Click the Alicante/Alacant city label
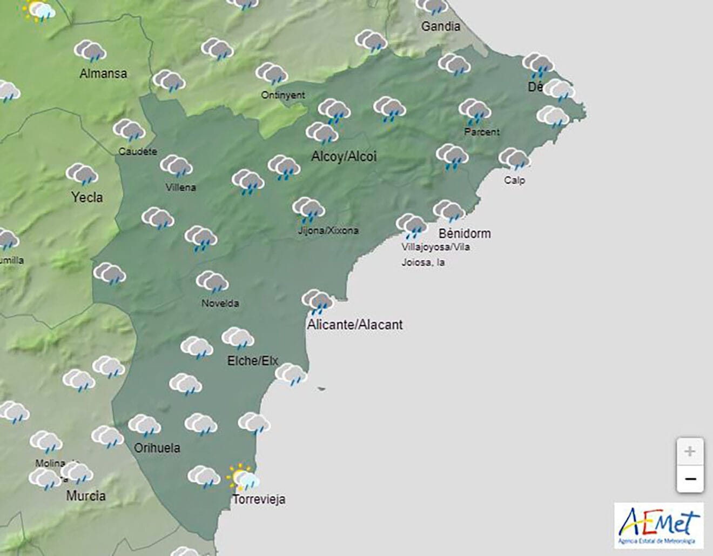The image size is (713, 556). [355, 325]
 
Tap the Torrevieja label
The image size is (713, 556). [259, 499]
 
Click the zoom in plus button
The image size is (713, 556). [690, 452]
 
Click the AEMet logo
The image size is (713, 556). [659, 526]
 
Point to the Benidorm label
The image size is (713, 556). [465, 234]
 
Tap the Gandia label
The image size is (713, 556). [441, 26]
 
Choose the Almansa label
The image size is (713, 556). [103, 73]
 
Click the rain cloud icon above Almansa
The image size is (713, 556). [90, 51]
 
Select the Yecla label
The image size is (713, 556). [87, 198]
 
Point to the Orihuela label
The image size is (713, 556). [157, 448]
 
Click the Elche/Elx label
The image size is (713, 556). [252, 361]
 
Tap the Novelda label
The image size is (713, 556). [220, 304]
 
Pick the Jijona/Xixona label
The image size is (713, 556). [328, 231]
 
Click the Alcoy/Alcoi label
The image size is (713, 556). [344, 157]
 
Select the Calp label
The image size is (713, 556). [514, 180]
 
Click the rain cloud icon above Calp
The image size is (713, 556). [514, 159]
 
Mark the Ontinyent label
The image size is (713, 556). [283, 95]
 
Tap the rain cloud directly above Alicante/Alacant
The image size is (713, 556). [317, 302]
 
